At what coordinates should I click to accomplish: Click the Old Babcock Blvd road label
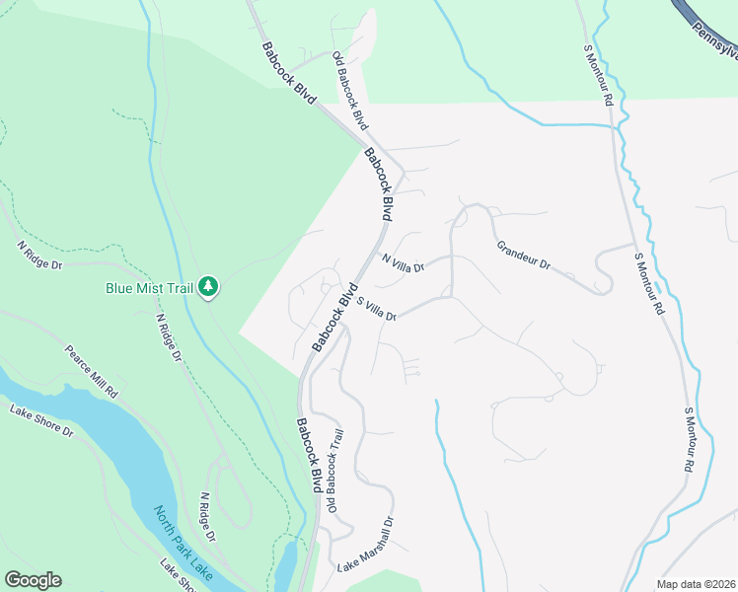[349, 91]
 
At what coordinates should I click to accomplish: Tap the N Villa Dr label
[403, 262]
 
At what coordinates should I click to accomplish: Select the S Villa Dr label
[376, 309]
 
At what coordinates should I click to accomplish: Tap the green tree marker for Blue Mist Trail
[208, 287]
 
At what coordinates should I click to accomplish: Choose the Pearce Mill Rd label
[92, 370]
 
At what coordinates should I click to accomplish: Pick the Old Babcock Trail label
[335, 471]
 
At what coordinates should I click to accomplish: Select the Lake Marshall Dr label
[366, 546]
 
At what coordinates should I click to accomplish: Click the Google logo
[33, 580]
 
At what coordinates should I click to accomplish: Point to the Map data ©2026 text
[696, 584]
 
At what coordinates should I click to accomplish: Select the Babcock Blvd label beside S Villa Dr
[332, 319]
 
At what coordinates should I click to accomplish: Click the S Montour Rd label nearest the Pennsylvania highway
[599, 75]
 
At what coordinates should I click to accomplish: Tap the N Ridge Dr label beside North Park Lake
[206, 517]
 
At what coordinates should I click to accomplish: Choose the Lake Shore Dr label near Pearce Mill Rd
[41, 419]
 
